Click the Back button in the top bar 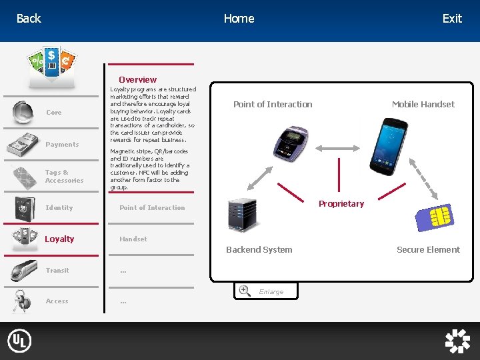(29, 19)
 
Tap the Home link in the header (239, 19)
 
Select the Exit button (452, 19)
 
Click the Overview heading (137, 79)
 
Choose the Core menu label (53, 113)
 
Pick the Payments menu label (62, 145)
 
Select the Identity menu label (59, 208)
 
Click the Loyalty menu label (59, 239)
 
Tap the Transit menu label (57, 271)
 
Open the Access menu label (57, 301)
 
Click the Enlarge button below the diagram (265, 291)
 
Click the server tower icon (241, 215)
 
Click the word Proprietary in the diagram (341, 204)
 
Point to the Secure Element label (428, 250)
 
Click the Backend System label (259, 250)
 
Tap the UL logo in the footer (19, 341)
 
